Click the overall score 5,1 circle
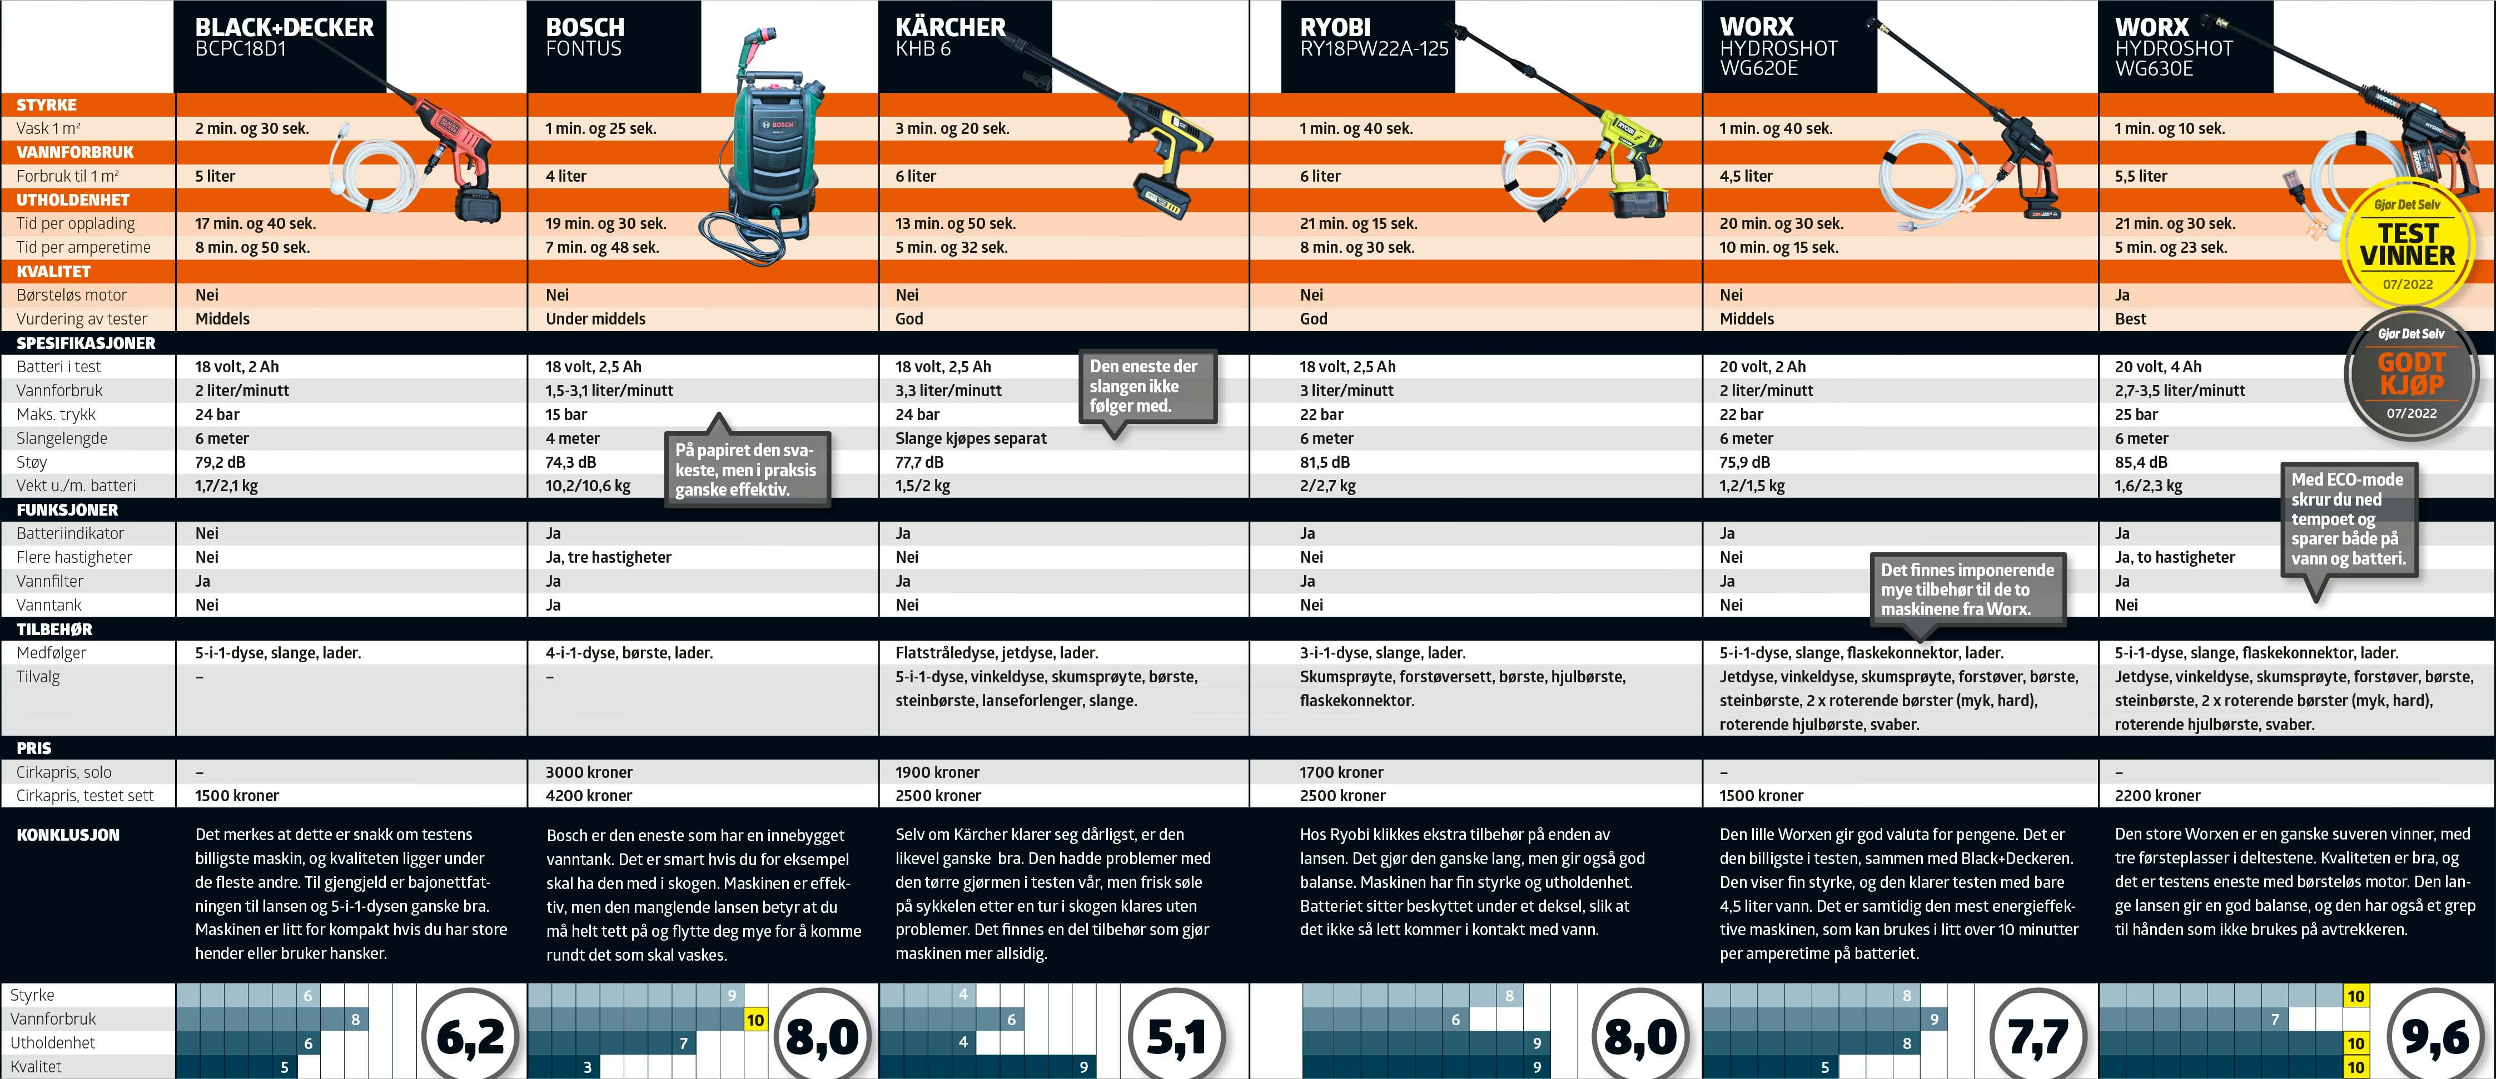point(1177,1036)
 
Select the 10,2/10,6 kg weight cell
point(587,485)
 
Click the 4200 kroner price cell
point(588,795)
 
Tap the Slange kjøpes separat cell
point(971,438)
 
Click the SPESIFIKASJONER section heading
point(85,343)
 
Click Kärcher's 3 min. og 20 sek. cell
point(952,128)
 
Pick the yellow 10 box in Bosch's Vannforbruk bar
point(755,1019)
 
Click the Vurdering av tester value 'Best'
point(2131,319)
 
